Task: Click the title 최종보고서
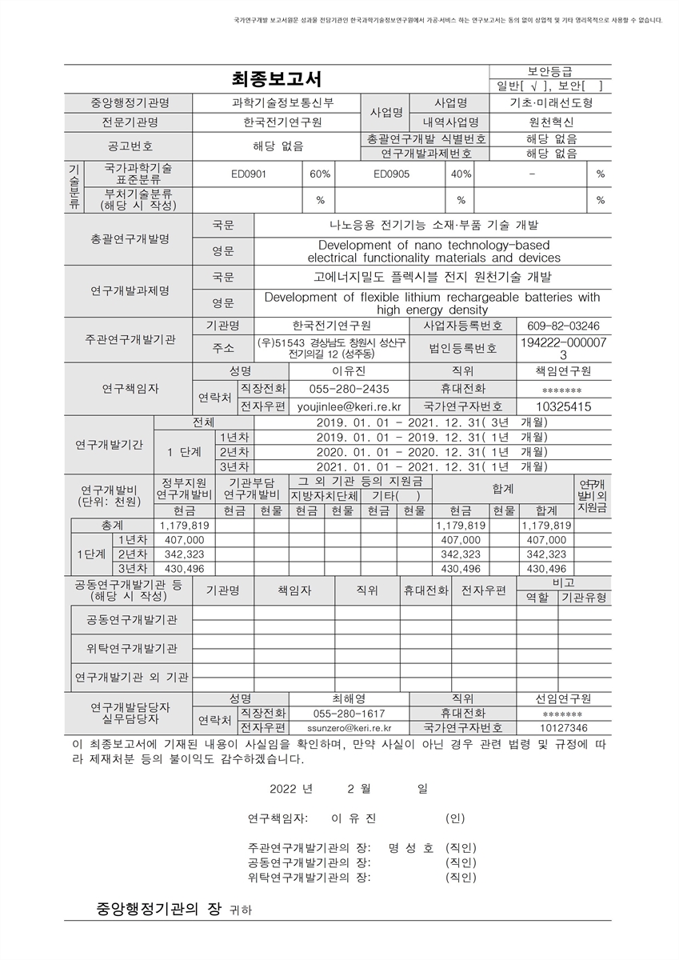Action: [277, 79]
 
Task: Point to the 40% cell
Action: [461, 174]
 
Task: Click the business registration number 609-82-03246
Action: [563, 326]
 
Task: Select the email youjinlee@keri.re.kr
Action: [349, 406]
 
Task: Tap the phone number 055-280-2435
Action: [349, 389]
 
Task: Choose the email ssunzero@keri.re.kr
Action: [349, 728]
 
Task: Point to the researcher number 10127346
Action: [563, 728]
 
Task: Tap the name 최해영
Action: [348, 698]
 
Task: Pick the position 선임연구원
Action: [563, 698]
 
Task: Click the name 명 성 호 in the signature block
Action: [410, 848]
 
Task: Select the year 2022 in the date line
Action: [282, 789]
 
